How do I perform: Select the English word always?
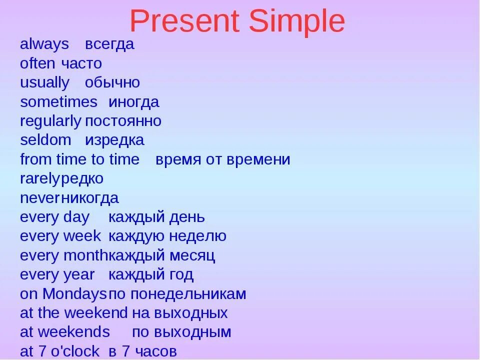(x=44, y=44)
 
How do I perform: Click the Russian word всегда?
(x=109, y=45)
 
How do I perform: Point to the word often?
(x=37, y=63)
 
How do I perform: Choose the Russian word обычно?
(x=112, y=82)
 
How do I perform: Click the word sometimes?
(x=59, y=102)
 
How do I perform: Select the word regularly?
(x=51, y=121)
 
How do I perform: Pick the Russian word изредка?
(x=114, y=140)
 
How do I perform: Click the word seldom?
(x=45, y=140)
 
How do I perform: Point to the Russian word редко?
(x=82, y=179)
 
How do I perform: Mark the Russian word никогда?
(x=90, y=198)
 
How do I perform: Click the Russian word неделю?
(x=198, y=236)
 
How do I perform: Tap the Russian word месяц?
(x=192, y=256)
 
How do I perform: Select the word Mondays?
(x=74, y=294)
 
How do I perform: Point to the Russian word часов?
(x=156, y=351)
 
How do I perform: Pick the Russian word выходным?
(x=192, y=332)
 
